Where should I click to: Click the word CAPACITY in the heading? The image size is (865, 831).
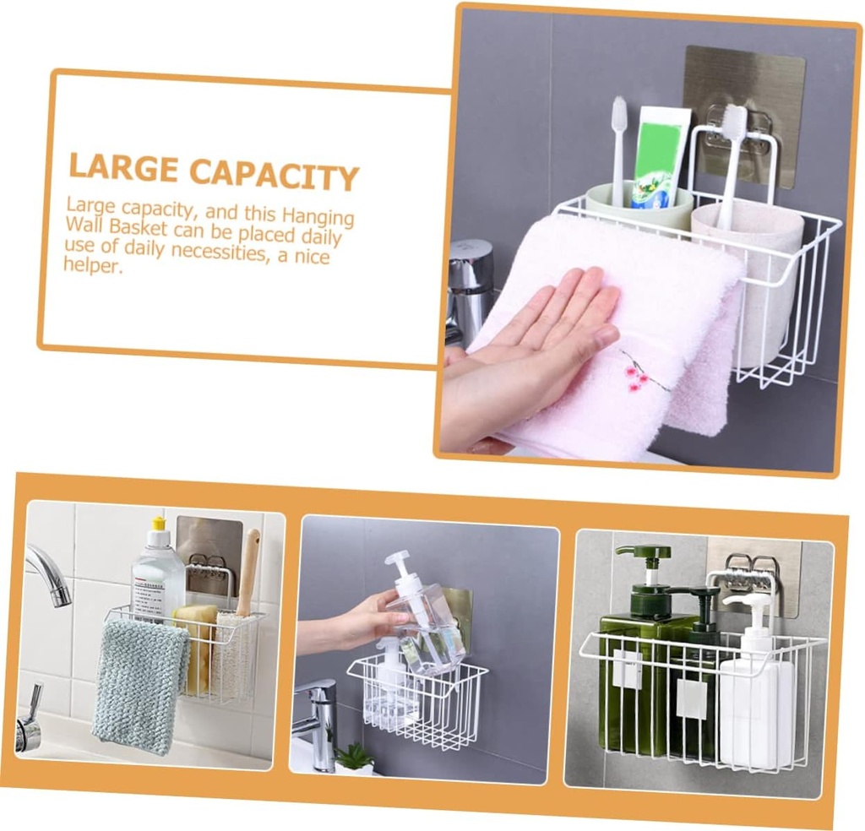pyautogui.click(x=274, y=173)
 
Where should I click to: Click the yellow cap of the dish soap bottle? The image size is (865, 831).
pyautogui.click(x=157, y=524)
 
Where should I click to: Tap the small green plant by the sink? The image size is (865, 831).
pyautogui.click(x=355, y=757)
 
